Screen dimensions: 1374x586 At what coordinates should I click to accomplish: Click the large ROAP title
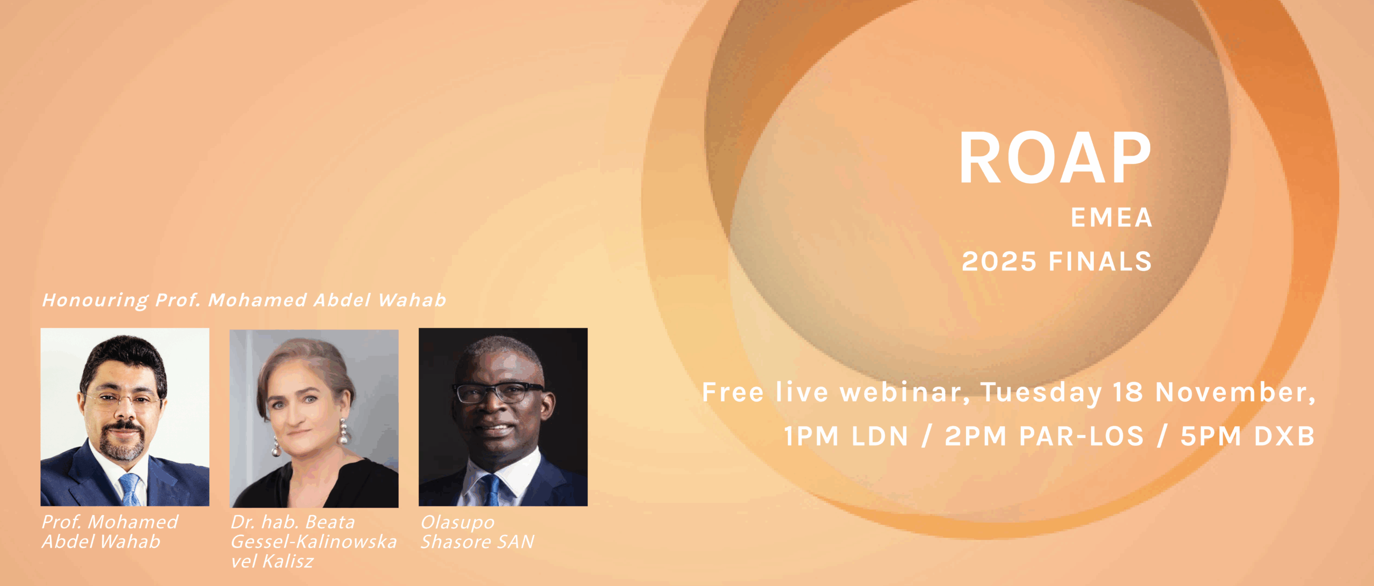pos(1055,158)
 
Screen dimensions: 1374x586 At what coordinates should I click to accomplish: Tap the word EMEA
pos(1112,218)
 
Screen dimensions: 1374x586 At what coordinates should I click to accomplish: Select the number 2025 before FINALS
pos(999,262)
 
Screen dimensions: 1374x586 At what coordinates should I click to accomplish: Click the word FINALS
pos(1100,262)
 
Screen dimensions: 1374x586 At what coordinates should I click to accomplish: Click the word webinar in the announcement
pos(904,392)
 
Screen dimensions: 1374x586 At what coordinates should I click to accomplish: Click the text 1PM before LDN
pos(811,436)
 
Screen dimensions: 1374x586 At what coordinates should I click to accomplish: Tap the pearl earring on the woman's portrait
pos(343,432)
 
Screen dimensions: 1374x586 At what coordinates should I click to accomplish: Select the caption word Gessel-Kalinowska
pos(314,542)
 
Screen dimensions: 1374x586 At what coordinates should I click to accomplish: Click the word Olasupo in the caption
pos(458,523)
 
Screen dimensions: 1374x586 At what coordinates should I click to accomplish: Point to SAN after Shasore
pos(515,542)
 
